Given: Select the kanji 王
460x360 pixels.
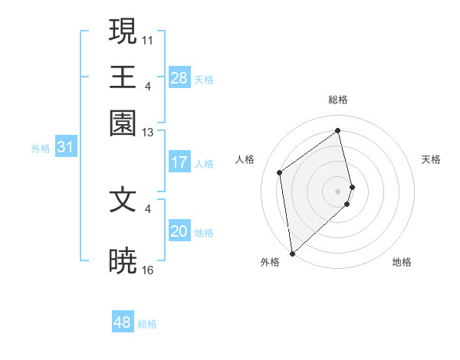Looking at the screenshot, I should coord(123,77).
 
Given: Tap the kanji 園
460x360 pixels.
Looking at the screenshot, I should coord(123,123).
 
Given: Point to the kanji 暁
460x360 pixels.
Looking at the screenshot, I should coord(123,260).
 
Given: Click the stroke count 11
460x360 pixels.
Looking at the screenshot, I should coord(148,39).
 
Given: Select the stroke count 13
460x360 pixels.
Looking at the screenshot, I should coord(148,133).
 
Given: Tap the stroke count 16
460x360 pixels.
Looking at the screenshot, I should coord(148,270).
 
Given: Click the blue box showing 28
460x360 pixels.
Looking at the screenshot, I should coord(179,78).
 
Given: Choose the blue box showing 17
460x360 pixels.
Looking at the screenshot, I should coord(179,162).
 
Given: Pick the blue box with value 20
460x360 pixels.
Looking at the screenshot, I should coord(179,232).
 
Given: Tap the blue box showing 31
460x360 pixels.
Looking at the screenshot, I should coord(65,148).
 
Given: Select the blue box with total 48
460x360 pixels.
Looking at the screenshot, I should coord(123,322).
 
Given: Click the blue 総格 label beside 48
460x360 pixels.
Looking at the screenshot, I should coord(147,324).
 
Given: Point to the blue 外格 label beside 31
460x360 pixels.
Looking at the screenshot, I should coord(40,149).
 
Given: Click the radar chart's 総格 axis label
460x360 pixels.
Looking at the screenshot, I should coord(337,100).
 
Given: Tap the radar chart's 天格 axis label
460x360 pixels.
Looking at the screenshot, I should coord(431,159).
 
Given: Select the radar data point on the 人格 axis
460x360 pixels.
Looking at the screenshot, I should coord(280,172).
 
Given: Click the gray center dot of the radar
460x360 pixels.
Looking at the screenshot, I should coord(338,191).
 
